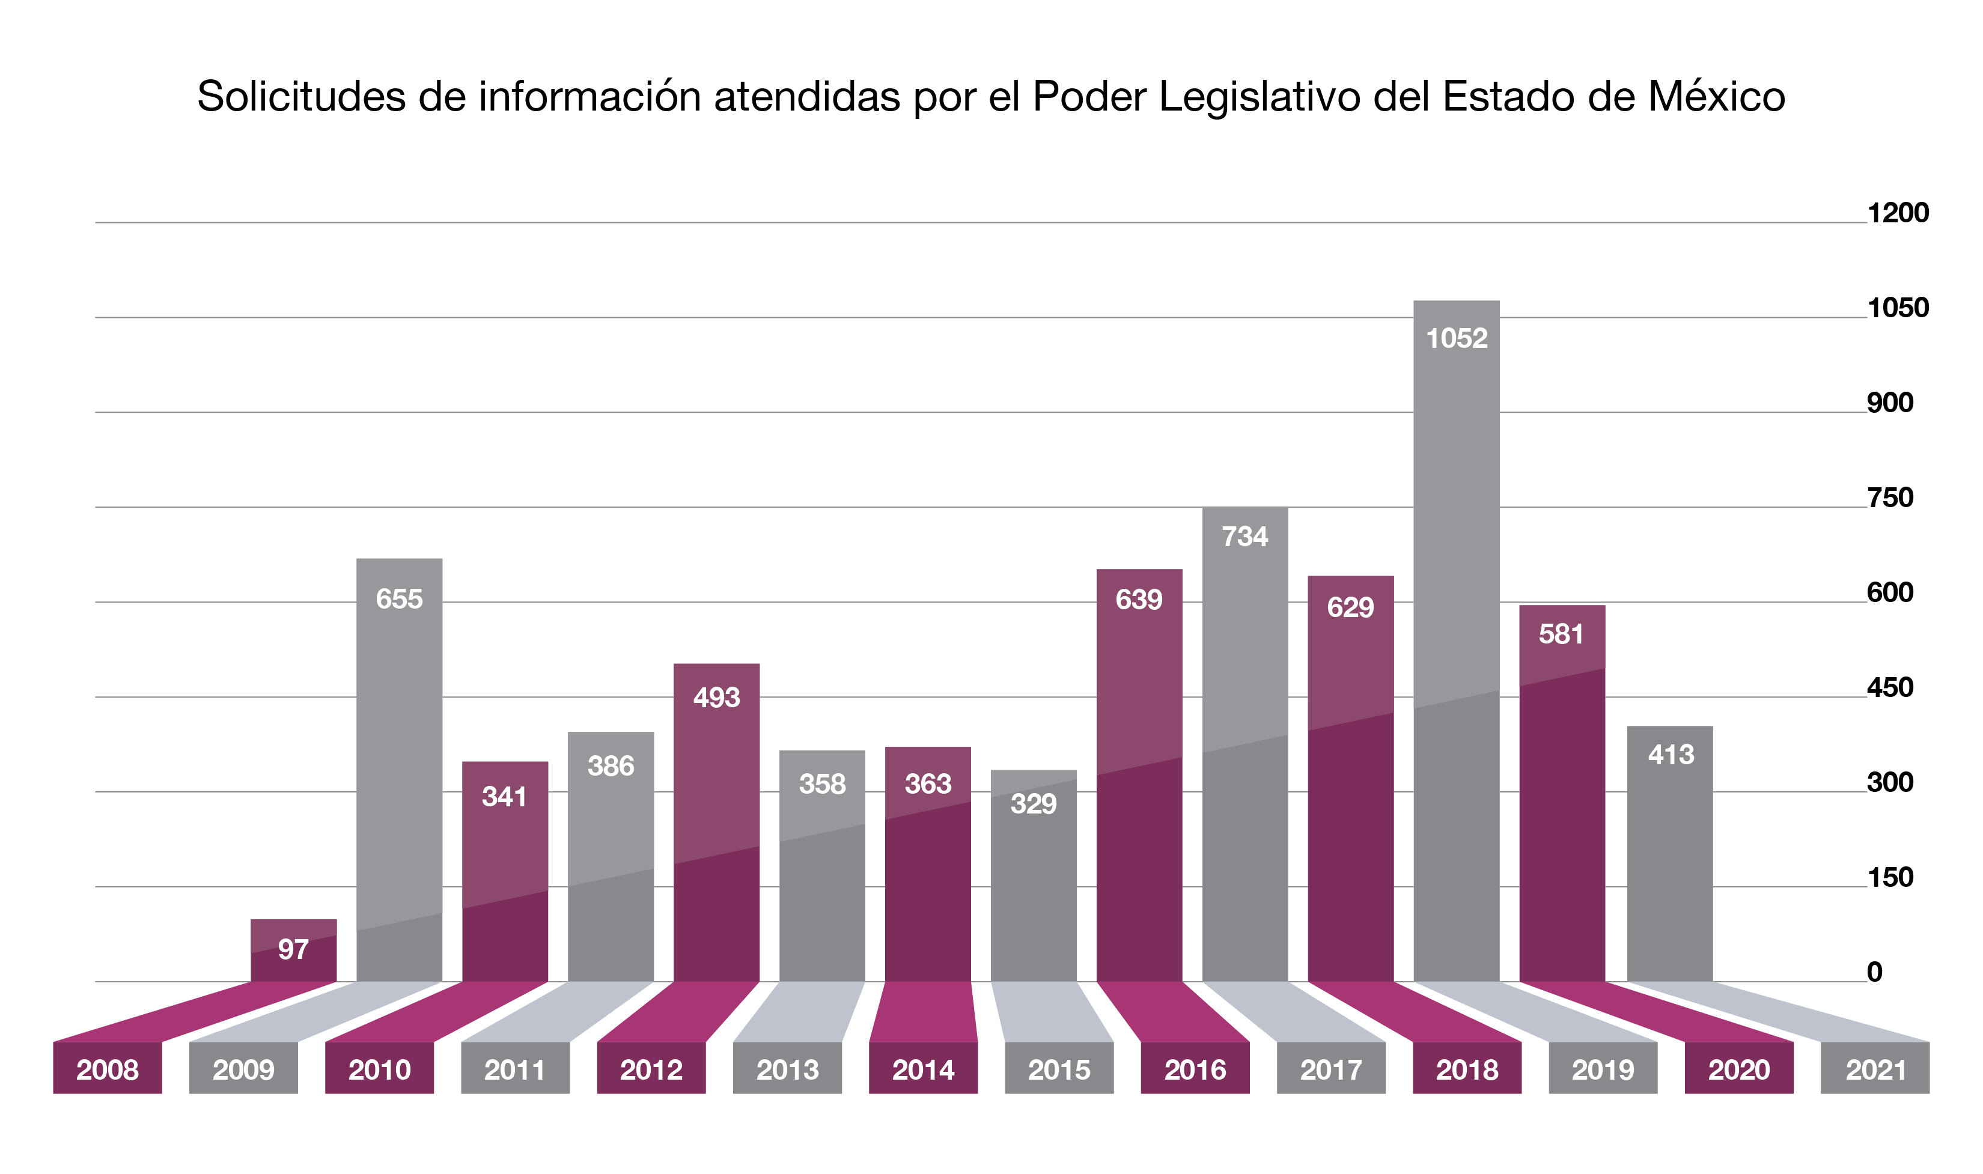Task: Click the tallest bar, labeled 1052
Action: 1456,641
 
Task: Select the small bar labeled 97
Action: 293,950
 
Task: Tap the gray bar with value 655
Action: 400,770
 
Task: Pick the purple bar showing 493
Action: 717,823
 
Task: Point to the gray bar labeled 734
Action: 1245,744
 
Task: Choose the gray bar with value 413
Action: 1670,854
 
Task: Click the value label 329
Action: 1034,804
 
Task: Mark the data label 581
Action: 1561,634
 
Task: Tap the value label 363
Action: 928,784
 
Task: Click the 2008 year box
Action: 108,1068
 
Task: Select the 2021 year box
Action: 1875,1068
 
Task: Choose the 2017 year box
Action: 1331,1068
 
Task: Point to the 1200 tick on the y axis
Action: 1898,213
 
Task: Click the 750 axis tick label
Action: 1890,497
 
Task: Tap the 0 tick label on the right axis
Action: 1875,972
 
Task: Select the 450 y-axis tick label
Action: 1890,687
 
